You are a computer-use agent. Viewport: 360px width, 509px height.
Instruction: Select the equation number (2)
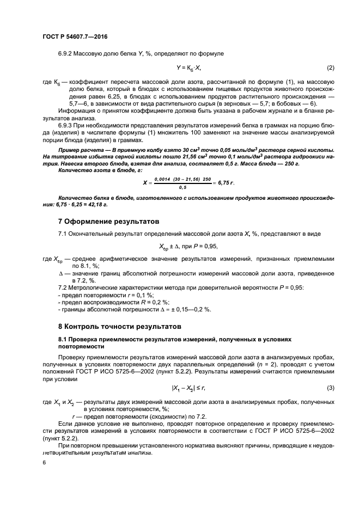pos(330,68)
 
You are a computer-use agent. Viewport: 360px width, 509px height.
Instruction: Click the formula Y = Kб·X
pos(188,68)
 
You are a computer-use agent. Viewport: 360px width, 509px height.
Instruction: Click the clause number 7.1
pos(63,234)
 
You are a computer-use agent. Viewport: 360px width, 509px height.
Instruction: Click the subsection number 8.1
pos(62,339)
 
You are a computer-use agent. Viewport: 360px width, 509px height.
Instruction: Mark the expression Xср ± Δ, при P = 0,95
pos(188,246)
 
